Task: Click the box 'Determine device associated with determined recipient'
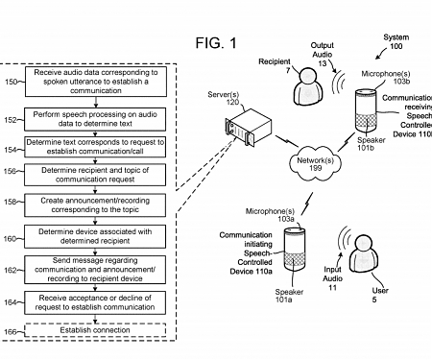pos(101,236)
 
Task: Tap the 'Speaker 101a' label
pos(290,296)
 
